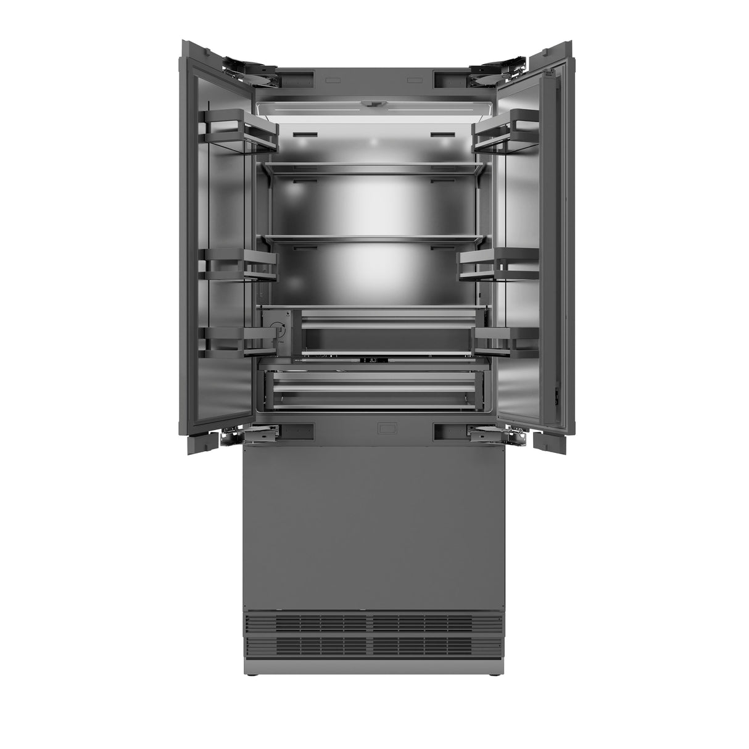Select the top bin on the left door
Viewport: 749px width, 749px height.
(x=244, y=130)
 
